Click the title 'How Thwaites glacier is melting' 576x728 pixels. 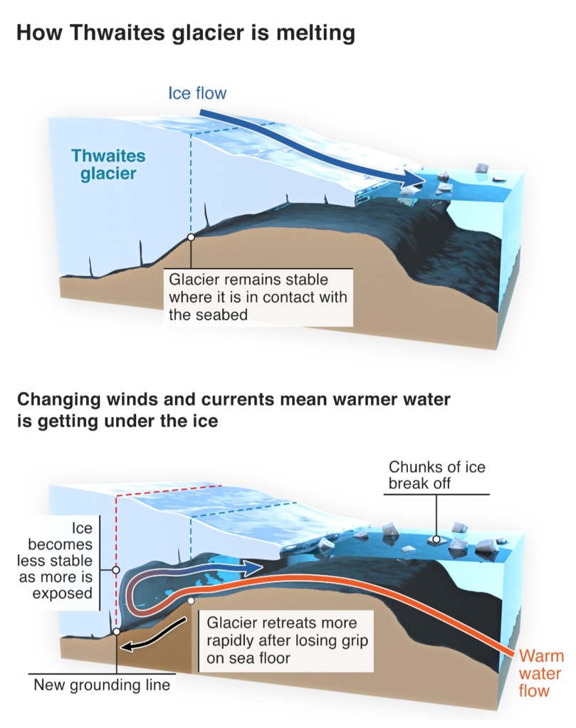[x=184, y=32]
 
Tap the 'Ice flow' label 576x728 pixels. [x=197, y=93]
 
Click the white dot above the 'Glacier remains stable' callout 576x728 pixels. [x=191, y=238]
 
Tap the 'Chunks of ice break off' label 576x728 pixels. [x=437, y=475]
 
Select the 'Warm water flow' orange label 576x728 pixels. [x=540, y=672]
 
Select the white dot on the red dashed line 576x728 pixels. [x=115, y=570]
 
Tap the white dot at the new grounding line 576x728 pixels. [x=116, y=631]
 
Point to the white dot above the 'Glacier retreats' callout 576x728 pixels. [x=191, y=601]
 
